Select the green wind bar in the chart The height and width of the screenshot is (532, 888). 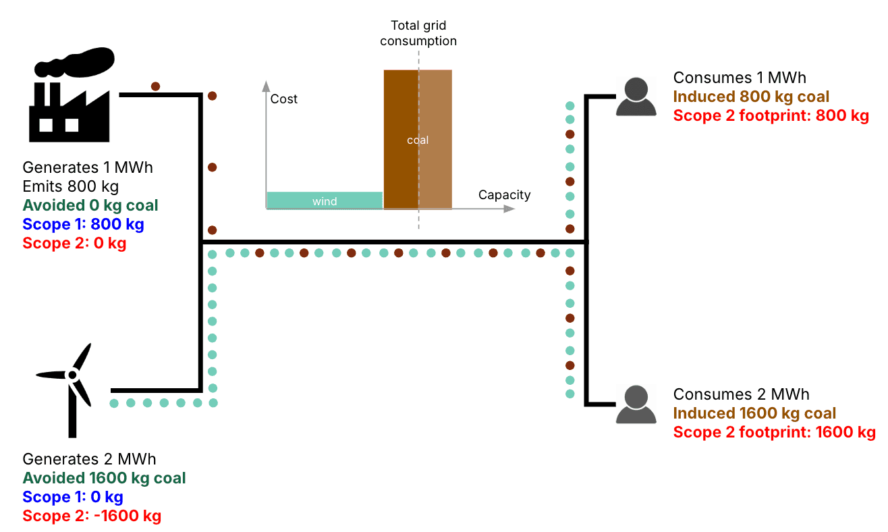(325, 201)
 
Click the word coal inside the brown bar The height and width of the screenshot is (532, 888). (418, 140)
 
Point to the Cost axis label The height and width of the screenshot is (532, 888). (283, 99)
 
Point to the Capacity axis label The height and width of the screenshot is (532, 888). (504, 195)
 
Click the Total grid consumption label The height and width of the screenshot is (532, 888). (418, 34)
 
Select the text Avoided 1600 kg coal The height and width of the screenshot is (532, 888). (104, 478)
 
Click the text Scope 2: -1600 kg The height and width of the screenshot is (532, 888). (92, 516)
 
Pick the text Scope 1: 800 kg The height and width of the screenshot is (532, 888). (83, 224)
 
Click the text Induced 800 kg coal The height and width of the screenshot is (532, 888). (751, 97)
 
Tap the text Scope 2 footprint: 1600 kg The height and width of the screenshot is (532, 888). (774, 432)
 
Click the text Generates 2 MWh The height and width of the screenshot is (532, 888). (89, 459)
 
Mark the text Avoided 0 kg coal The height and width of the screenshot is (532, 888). (90, 205)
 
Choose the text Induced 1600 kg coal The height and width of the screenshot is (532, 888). (754, 413)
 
